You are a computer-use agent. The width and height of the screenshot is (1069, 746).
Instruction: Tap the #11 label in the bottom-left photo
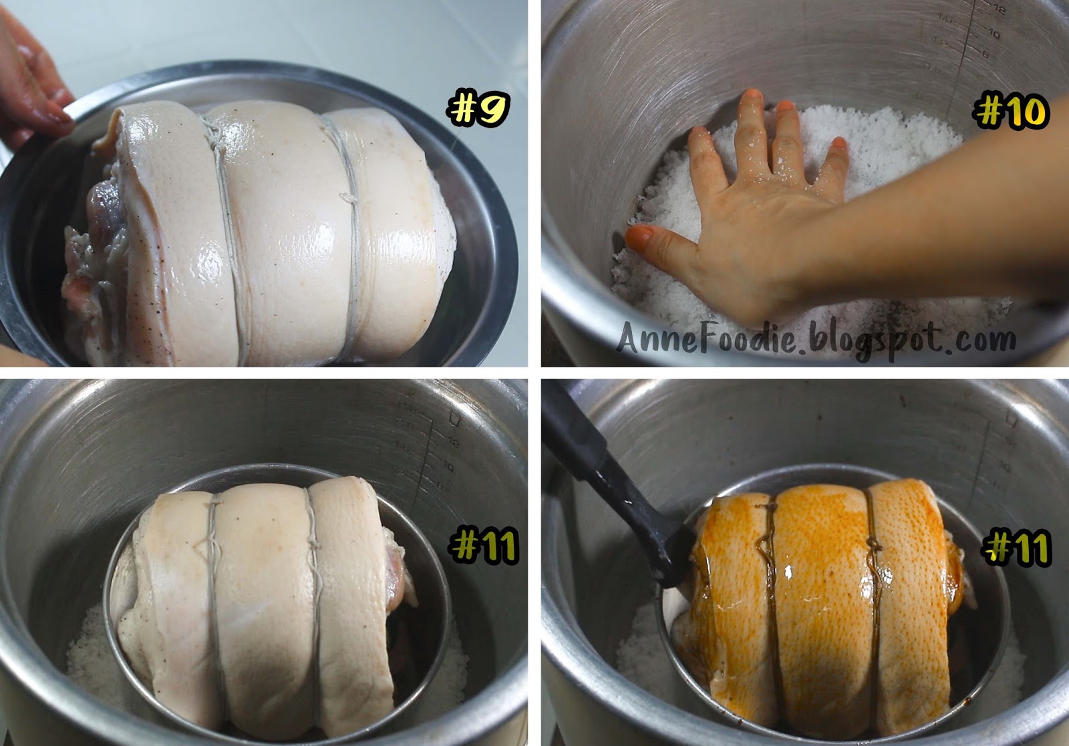(484, 546)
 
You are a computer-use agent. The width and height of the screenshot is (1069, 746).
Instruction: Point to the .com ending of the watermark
(979, 339)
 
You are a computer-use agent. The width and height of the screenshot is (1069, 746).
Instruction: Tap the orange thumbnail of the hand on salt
(640, 235)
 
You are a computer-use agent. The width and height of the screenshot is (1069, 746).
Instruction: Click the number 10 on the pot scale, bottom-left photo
(447, 465)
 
